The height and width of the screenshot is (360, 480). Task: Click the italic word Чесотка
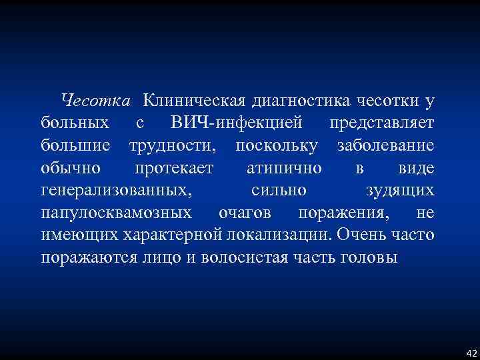click(94, 101)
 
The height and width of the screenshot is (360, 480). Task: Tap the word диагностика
click(294, 101)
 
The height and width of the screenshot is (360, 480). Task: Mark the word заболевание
click(386, 145)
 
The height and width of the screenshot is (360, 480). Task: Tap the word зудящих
click(401, 191)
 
